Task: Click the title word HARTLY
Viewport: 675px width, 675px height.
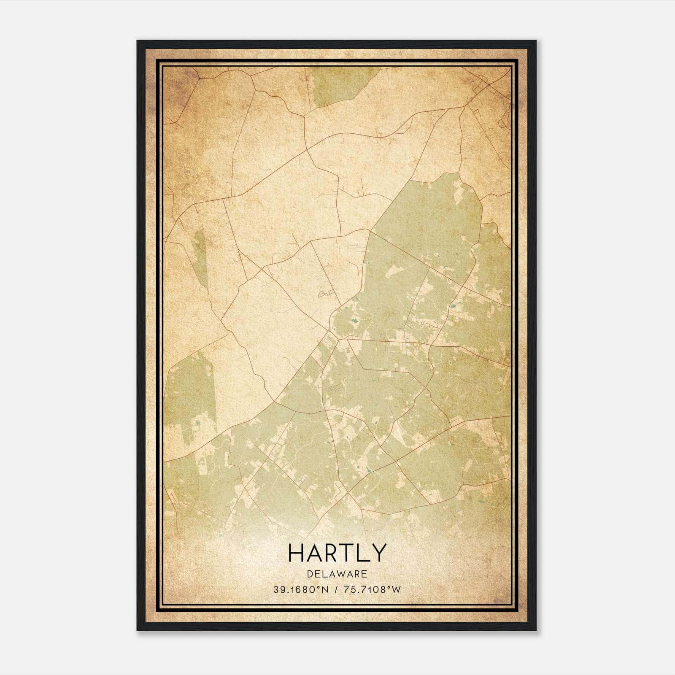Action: click(x=337, y=553)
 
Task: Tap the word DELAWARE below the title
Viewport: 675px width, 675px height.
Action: click(x=337, y=574)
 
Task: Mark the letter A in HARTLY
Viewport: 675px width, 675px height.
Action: click(x=312, y=553)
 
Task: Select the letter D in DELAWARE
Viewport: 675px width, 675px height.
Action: click(x=310, y=574)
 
